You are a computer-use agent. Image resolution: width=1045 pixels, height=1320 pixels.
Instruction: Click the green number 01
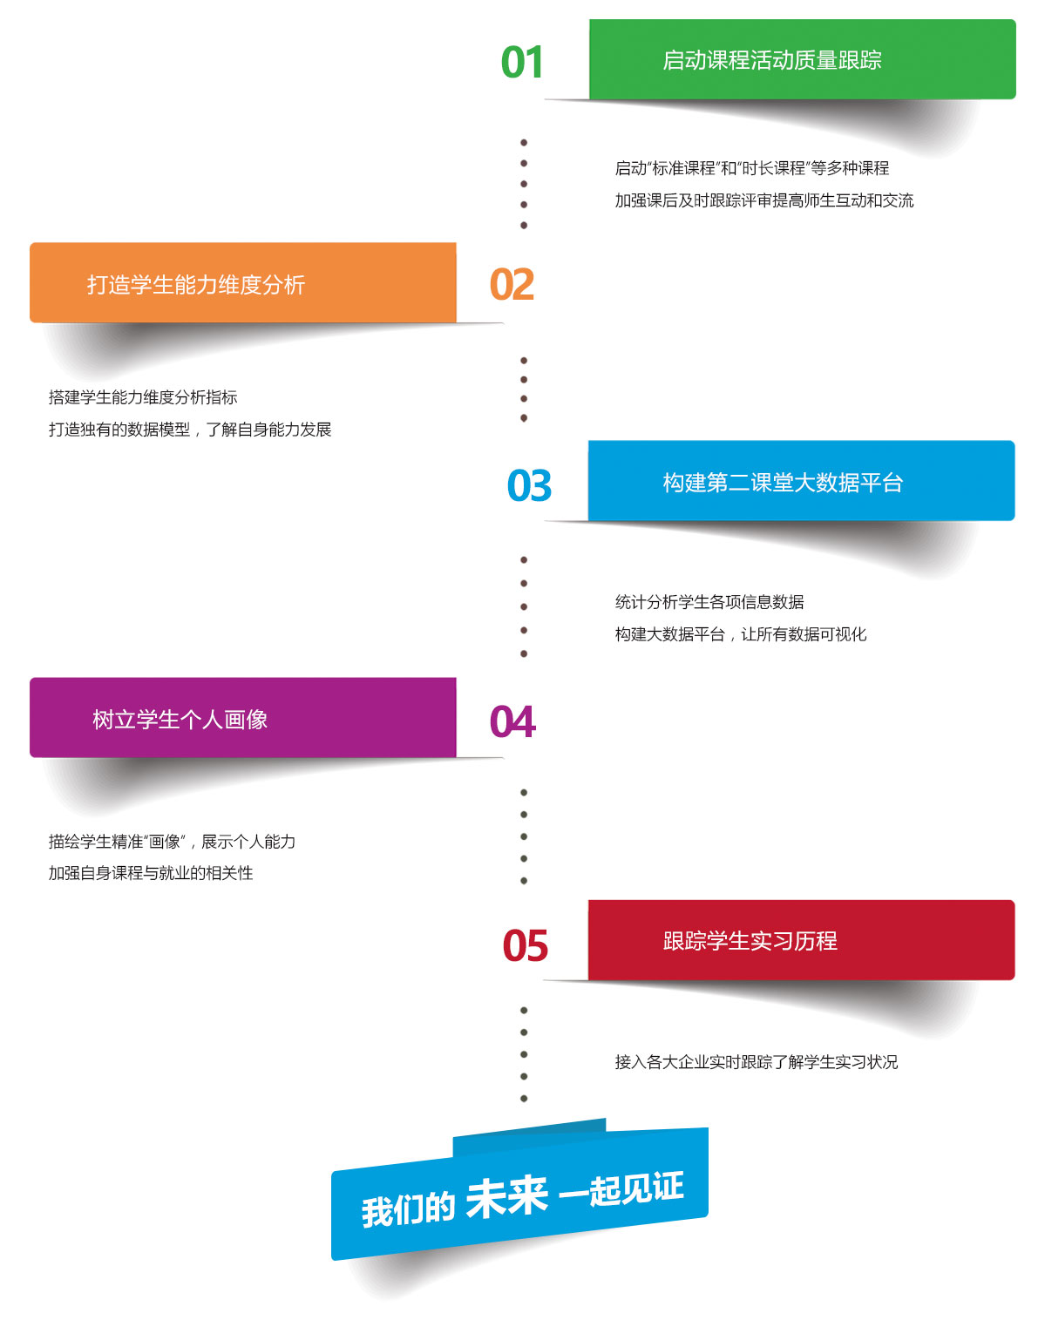[x=522, y=63]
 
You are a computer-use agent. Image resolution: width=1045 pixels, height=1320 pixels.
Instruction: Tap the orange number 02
[x=512, y=285]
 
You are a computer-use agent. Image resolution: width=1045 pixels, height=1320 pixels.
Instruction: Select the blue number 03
[x=529, y=486]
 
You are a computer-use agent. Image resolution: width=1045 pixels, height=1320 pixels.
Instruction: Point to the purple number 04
[x=512, y=722]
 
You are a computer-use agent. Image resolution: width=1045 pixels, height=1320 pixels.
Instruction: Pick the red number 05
[x=525, y=946]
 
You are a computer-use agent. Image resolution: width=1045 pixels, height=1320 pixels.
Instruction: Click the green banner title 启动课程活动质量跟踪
[x=772, y=60]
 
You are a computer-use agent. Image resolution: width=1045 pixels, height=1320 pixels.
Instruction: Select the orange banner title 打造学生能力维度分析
[x=196, y=285]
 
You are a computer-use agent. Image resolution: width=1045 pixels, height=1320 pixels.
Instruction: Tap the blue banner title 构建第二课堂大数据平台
[x=783, y=483]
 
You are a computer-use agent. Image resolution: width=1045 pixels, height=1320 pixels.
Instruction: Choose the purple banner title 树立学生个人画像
[x=180, y=720]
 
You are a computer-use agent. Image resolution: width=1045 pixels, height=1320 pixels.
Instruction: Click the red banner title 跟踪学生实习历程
[x=750, y=941]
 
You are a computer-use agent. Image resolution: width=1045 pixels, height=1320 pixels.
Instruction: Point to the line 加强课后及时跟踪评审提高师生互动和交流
[x=764, y=200]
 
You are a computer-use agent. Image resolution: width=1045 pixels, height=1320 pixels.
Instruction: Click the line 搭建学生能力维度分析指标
[x=143, y=397]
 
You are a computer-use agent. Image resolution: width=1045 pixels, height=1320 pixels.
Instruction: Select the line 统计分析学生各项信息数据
[x=709, y=602]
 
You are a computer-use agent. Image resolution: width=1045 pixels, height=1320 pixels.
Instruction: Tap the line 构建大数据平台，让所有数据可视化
[x=741, y=634]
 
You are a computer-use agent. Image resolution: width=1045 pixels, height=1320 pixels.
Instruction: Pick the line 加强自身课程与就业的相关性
[x=151, y=873]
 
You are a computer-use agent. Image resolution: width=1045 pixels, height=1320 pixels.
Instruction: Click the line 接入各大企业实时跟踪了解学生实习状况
[x=757, y=1062]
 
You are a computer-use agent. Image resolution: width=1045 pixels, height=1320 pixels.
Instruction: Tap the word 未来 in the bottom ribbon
[x=506, y=1198]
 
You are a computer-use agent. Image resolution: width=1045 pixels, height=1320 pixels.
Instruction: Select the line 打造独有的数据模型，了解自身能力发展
[x=190, y=430]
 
